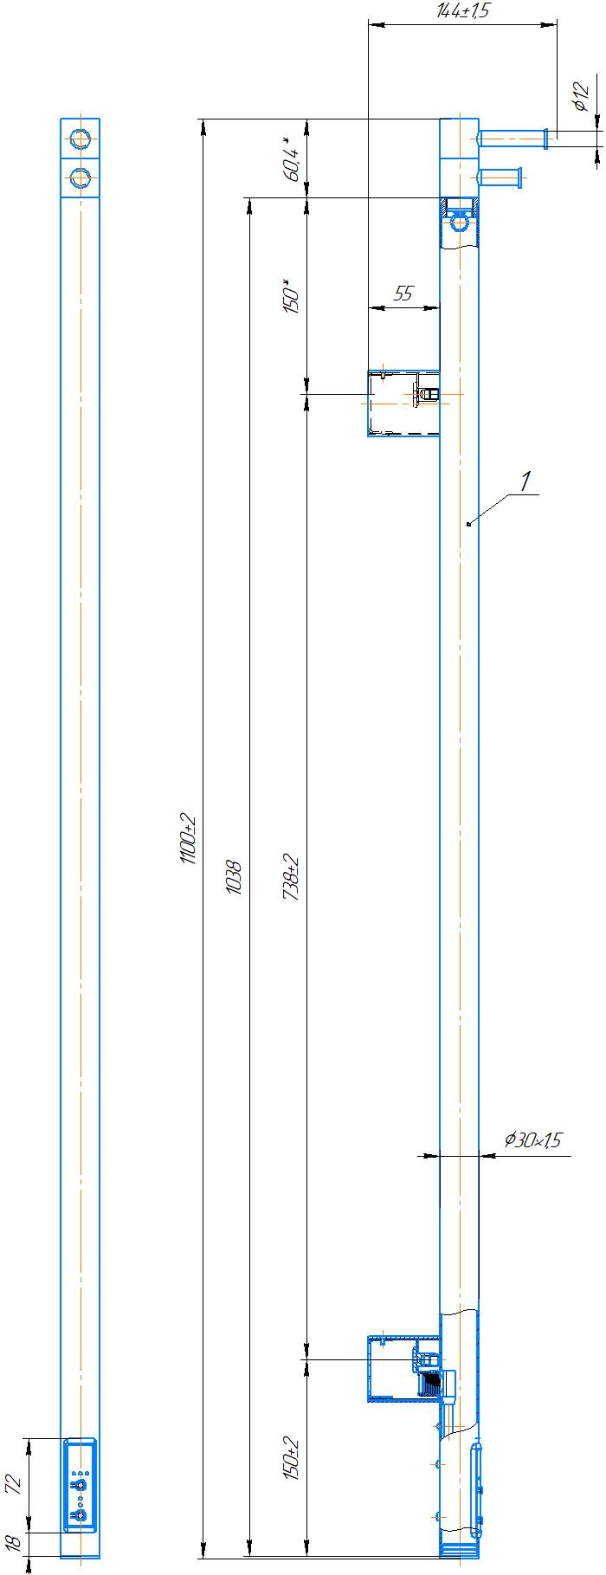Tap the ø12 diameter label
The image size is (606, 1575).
tap(581, 96)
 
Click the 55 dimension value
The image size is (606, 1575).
tap(403, 294)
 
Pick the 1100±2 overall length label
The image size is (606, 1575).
tap(188, 838)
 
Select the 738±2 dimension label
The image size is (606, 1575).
tap(292, 877)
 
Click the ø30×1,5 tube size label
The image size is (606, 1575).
tap(532, 1139)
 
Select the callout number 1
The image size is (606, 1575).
tap(525, 481)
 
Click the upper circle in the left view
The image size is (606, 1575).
tap(80, 139)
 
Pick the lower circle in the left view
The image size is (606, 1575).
tap(80, 178)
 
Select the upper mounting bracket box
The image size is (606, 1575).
tap(403, 401)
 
